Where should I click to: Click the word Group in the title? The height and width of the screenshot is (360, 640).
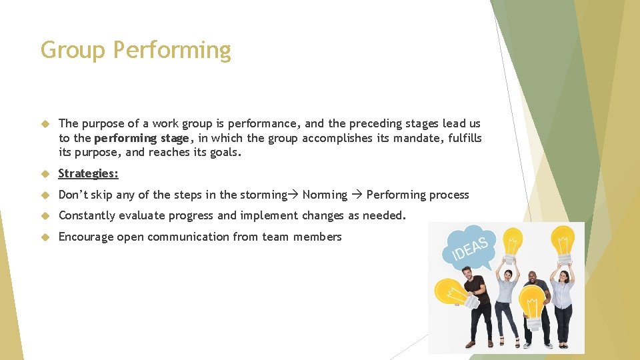coord(73,50)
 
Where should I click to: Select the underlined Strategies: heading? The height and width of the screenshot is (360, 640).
coord(89,173)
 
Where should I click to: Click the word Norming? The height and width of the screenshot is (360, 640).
coord(325,195)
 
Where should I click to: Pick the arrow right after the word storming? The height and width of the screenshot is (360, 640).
coord(294,195)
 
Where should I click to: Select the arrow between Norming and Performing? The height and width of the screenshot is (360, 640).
coord(357,195)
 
